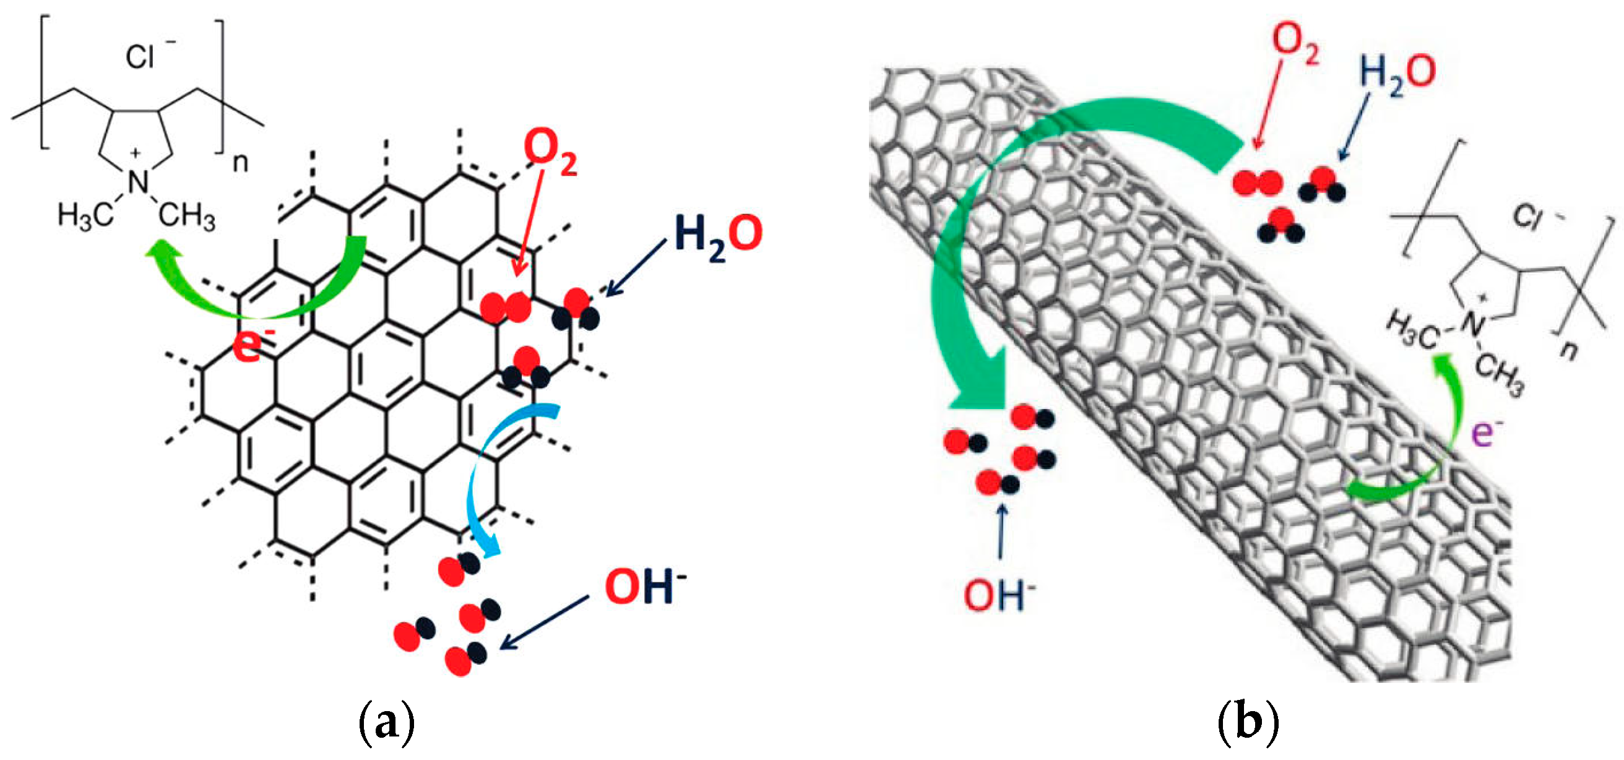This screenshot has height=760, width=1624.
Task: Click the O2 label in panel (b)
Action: pyautogui.click(x=1295, y=44)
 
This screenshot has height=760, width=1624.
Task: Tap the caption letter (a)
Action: pyautogui.click(x=386, y=722)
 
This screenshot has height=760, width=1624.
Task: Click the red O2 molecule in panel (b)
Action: pyautogui.click(x=1257, y=183)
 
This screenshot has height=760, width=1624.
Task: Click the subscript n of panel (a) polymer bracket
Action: pyautogui.click(x=240, y=163)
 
